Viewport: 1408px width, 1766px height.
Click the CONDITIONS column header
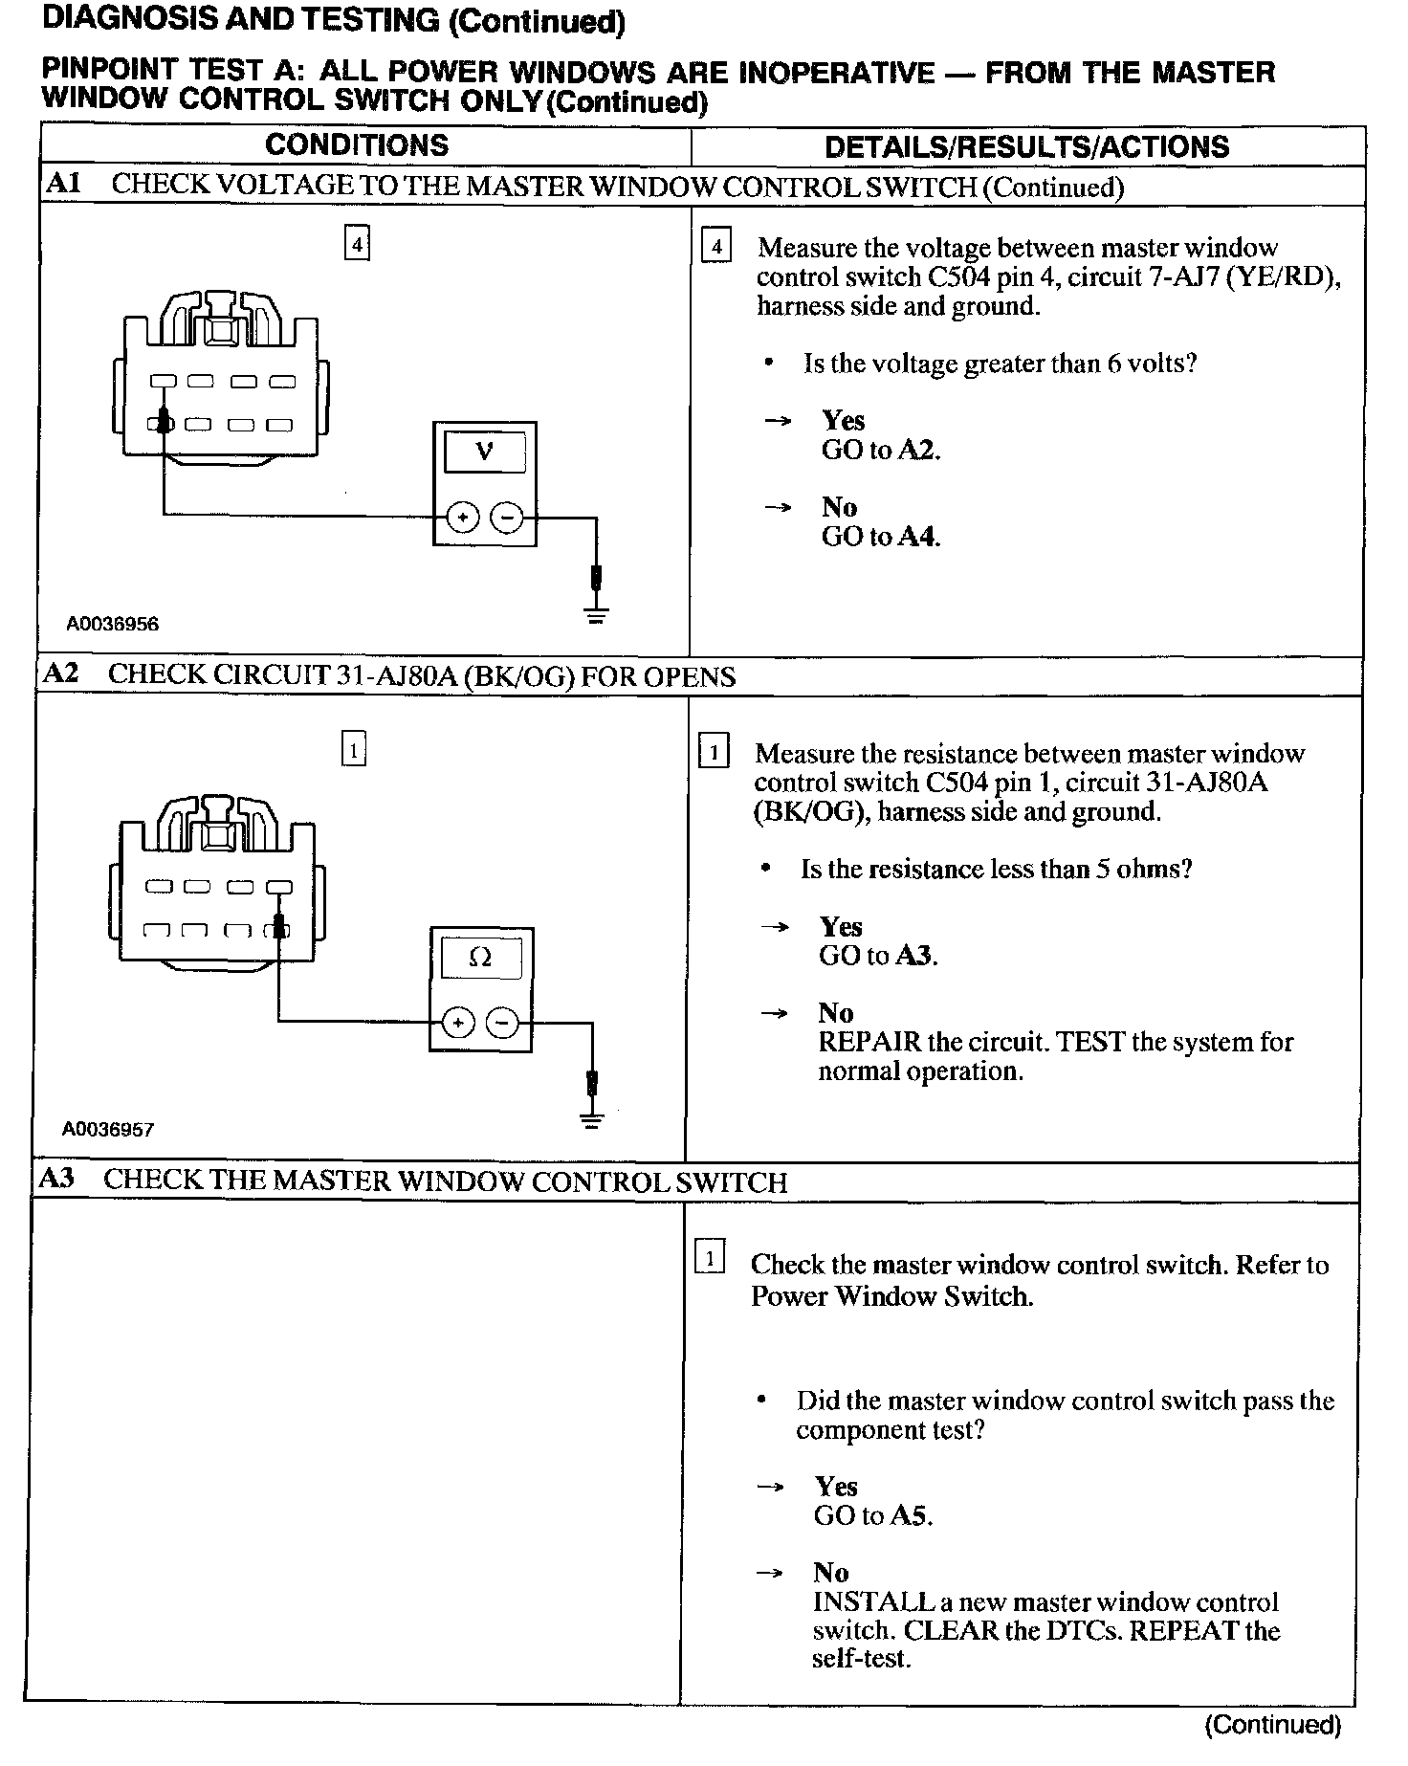[357, 145]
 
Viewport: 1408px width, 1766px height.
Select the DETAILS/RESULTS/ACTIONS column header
[1026, 146]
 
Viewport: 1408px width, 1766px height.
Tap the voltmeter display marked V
[485, 452]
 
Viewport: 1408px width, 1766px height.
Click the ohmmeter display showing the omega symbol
[481, 957]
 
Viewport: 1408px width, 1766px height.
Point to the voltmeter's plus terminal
[463, 518]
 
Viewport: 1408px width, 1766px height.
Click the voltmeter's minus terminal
[507, 518]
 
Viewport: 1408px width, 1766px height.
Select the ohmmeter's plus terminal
[459, 1023]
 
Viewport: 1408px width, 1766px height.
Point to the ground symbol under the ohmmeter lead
[593, 1118]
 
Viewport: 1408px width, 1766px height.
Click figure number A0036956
[112, 625]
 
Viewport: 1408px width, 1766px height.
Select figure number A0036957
[108, 1130]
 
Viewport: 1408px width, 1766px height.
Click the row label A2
[62, 674]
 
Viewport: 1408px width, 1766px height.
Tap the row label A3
[57, 1180]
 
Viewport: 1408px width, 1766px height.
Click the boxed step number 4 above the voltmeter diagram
[357, 244]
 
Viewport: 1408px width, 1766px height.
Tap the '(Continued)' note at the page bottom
[1272, 1725]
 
